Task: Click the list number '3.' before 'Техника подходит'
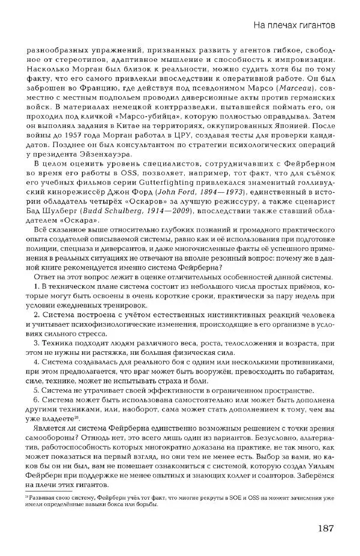[38, 343]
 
